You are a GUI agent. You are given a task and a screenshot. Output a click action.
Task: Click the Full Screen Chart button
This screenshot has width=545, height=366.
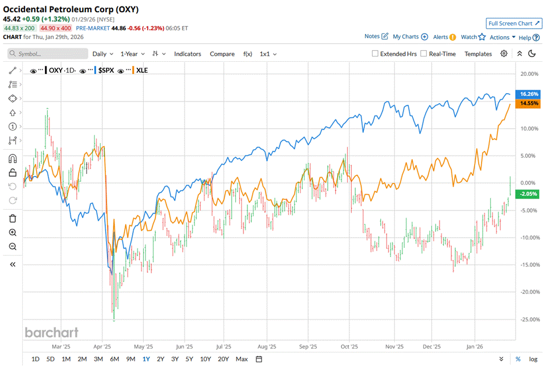514,23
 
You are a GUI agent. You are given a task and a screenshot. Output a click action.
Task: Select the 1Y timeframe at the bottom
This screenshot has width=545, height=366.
146,359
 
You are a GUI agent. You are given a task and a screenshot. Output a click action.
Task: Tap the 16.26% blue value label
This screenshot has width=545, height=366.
530,94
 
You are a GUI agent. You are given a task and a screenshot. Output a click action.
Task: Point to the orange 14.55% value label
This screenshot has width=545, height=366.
530,103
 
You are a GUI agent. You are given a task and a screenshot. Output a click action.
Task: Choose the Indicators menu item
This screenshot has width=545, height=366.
187,54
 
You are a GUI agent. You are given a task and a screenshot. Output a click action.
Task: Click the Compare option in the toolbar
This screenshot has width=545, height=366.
222,54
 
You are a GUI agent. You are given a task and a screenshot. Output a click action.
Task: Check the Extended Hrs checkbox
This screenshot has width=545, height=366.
376,54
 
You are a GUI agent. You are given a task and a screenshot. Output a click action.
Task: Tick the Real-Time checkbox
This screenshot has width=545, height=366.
424,54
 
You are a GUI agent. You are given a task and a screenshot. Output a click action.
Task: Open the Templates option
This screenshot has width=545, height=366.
478,54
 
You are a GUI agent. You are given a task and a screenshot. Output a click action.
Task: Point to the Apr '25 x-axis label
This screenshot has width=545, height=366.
109,345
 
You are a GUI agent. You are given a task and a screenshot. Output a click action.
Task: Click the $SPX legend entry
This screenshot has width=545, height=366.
105,70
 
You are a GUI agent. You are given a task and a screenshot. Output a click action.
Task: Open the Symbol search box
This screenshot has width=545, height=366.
48,54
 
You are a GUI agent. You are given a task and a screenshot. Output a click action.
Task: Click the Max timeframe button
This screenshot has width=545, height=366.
242,359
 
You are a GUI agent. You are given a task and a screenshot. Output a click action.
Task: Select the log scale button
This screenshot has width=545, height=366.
533,359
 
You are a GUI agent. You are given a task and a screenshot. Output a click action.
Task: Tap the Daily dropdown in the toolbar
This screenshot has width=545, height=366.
103,54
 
